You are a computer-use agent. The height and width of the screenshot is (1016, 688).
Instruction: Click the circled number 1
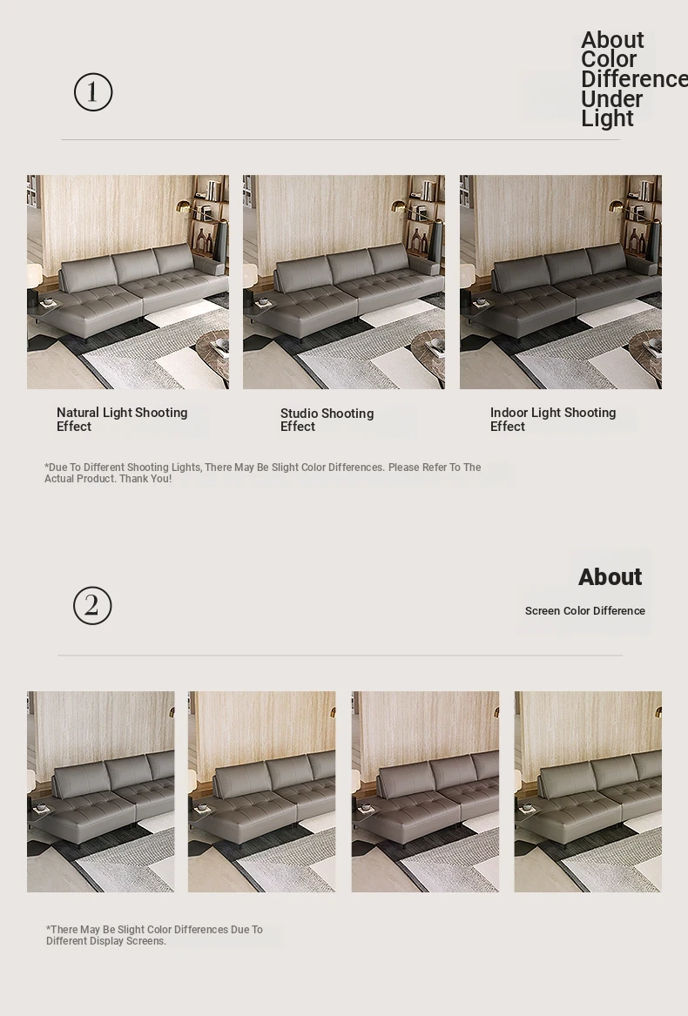tap(92, 92)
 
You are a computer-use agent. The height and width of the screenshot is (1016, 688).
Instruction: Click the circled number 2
tap(92, 606)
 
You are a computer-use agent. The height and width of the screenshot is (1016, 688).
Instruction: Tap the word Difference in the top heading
tap(634, 79)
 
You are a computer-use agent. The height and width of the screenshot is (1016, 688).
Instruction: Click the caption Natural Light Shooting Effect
tap(122, 420)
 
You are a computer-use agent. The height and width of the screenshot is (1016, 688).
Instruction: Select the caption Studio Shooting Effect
tap(327, 420)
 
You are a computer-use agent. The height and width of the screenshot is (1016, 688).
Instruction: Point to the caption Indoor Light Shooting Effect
tap(553, 420)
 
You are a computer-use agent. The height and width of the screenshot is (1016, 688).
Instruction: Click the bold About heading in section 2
tap(610, 576)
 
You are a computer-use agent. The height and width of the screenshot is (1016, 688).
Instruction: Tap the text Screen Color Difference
tap(585, 610)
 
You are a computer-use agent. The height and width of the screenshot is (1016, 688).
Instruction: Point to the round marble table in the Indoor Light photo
tap(645, 353)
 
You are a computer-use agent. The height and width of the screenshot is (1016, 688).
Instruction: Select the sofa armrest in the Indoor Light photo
tap(641, 266)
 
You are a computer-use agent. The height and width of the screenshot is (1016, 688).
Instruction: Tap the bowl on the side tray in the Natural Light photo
tap(47, 301)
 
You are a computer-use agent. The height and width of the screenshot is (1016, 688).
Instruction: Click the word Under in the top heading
tap(611, 99)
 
